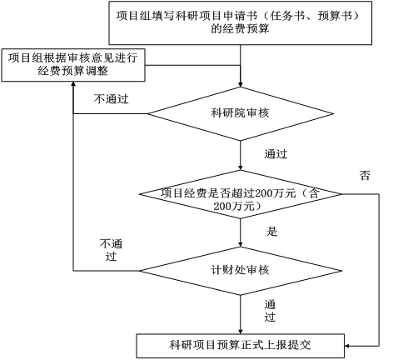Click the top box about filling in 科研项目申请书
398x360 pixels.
click(x=240, y=22)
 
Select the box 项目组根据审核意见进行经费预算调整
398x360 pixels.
click(x=73, y=65)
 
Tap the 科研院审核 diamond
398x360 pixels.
click(x=241, y=113)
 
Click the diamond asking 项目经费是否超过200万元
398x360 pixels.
click(x=241, y=194)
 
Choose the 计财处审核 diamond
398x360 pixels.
click(x=241, y=271)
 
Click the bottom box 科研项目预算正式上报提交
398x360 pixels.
click(x=241, y=346)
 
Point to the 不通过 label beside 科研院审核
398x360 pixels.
click(x=111, y=99)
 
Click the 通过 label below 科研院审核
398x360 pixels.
click(x=276, y=154)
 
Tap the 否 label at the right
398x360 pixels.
click(x=365, y=175)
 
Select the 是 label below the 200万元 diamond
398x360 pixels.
click(x=271, y=231)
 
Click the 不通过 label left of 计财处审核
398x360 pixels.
click(x=111, y=250)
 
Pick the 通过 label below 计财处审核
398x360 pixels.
click(x=270, y=311)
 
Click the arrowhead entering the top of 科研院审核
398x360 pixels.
click(x=241, y=84)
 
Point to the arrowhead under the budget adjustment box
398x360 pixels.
click(x=73, y=84)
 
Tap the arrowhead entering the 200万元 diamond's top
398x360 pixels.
click(x=241, y=167)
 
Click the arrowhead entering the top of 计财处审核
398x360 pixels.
click(x=241, y=244)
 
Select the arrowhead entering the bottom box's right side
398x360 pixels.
click(x=347, y=346)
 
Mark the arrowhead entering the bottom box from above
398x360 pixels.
click(x=241, y=332)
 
